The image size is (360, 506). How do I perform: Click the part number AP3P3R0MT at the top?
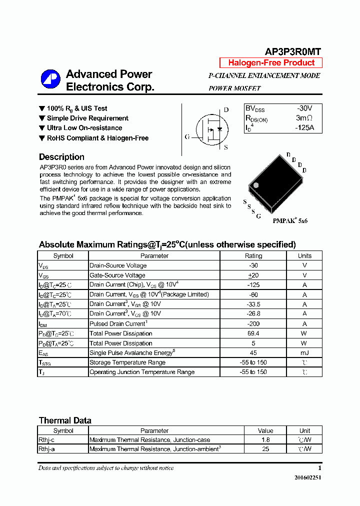292,52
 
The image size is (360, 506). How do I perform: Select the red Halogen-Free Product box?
271,63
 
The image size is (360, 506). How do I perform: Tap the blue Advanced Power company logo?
50,80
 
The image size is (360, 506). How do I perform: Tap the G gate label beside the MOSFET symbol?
187,136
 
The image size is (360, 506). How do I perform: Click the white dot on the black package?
256,185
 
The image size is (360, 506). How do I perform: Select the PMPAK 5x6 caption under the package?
290,220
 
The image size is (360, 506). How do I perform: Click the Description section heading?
61,157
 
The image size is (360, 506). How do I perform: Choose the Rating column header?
253,255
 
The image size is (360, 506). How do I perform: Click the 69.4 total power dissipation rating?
253,333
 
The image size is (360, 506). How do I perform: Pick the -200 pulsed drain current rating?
253,323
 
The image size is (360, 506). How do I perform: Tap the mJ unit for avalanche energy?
304,353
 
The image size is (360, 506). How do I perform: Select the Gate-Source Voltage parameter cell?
117,275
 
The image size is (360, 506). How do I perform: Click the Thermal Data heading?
65,420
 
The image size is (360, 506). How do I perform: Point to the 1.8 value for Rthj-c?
265,440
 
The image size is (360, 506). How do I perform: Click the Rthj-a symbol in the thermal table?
46,449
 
